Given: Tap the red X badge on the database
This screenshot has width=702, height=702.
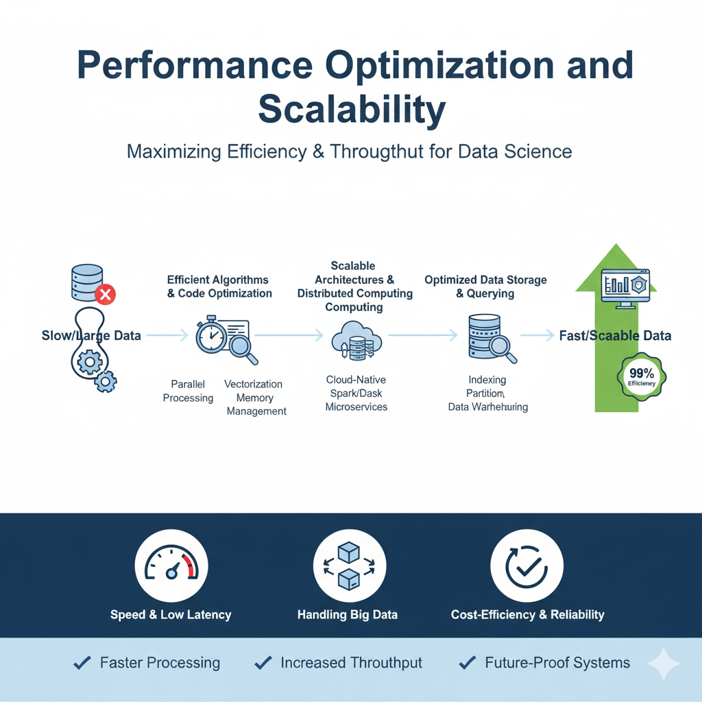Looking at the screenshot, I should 105,295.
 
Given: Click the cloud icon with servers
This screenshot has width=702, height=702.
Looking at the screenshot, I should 355,340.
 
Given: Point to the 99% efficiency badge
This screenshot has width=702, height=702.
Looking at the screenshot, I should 642,376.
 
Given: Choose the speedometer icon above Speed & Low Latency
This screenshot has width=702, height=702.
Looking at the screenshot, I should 171,566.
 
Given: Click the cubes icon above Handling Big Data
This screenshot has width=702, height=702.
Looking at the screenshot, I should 349,566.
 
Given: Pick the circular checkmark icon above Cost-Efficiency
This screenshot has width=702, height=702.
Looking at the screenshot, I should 527,566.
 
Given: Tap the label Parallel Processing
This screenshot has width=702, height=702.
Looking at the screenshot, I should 188,391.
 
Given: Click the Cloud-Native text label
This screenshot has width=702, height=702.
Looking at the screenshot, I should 356,379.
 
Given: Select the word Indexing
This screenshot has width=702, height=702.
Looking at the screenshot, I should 487,380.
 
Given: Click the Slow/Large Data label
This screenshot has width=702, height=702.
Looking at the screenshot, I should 91,336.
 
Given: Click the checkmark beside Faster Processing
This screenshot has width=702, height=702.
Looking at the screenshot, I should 82,662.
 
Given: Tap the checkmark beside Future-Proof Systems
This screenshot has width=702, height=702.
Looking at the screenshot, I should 468,662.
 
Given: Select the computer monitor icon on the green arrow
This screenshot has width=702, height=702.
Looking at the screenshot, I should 625,288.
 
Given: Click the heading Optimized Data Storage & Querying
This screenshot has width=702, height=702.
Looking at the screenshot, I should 485,287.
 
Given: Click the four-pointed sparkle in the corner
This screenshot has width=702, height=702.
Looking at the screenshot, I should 663,664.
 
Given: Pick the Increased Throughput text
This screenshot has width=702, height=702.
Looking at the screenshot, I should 351,663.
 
